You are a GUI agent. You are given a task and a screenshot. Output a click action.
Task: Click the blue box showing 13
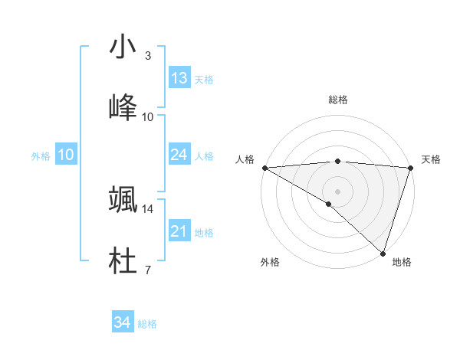[179, 78]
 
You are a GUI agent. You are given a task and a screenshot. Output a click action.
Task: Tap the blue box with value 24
[179, 155]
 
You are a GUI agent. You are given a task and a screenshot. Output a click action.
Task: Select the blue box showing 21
[179, 231]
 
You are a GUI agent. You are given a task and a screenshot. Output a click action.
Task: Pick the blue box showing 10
[66, 155]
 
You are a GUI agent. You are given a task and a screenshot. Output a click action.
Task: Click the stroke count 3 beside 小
[148, 56]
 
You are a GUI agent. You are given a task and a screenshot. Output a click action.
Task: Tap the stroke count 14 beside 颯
[148, 208]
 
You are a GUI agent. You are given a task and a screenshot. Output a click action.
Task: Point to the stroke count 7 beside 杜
[148, 270]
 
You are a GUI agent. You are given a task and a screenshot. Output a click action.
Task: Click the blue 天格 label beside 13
[204, 80]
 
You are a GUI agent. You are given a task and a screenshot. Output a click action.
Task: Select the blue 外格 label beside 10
[41, 156]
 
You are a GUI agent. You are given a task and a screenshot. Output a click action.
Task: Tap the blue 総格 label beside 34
[147, 325]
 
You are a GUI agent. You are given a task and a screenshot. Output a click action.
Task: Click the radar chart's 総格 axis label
[337, 100]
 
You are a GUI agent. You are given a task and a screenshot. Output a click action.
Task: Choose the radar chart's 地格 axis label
[402, 263]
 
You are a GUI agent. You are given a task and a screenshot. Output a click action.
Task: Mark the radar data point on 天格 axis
[411, 167]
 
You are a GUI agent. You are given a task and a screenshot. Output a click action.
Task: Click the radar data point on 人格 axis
[264, 167]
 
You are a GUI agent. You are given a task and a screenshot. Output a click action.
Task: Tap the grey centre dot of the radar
[337, 191]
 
